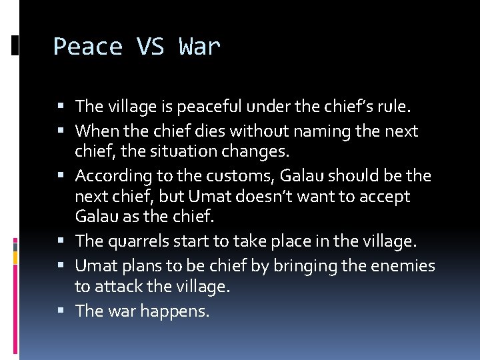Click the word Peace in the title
87,47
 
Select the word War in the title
199,47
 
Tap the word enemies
402,266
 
